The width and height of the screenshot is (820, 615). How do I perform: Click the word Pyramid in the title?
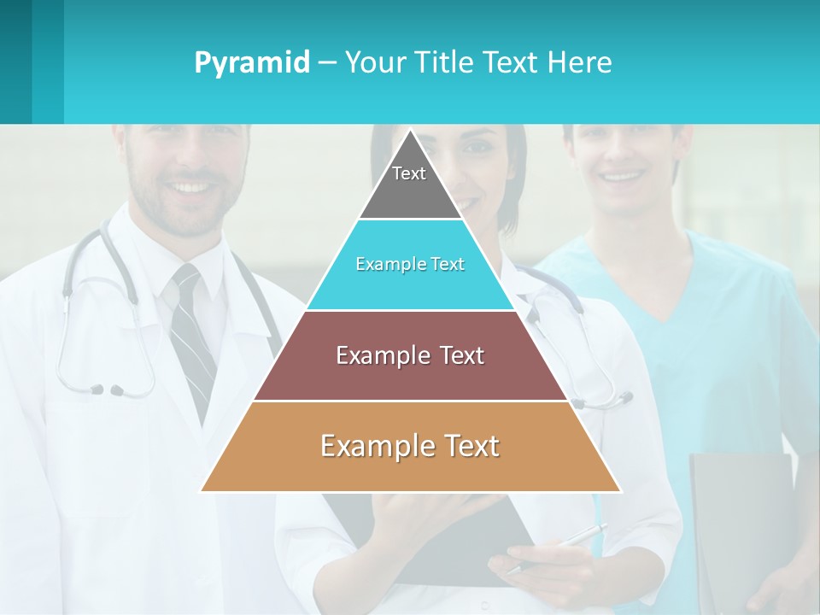pyautogui.click(x=251, y=62)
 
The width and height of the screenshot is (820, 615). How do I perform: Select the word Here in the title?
pyautogui.click(x=580, y=62)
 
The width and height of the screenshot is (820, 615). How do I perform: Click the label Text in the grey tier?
pyautogui.click(x=409, y=173)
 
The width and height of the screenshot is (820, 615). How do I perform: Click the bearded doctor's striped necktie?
pyautogui.click(x=194, y=342)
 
